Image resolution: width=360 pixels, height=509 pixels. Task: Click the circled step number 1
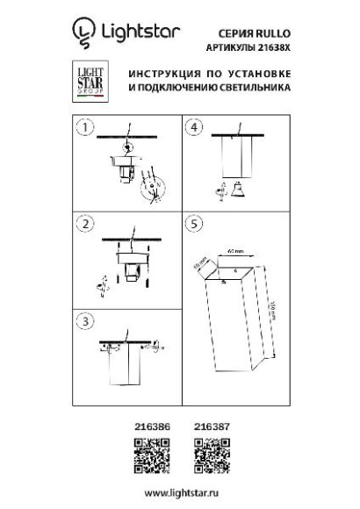84,127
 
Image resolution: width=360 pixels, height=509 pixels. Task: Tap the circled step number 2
84,224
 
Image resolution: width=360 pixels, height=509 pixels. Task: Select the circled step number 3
84,321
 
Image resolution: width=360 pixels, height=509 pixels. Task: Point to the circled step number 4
194,127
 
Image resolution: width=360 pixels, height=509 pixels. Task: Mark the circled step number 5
194,224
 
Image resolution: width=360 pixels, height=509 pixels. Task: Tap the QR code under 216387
208,455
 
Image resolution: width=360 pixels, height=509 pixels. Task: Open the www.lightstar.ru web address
179,495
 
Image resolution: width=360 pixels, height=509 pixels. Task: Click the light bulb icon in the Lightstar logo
83,33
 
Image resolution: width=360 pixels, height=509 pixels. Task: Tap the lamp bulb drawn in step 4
234,186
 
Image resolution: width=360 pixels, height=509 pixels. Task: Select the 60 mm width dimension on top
233,250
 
